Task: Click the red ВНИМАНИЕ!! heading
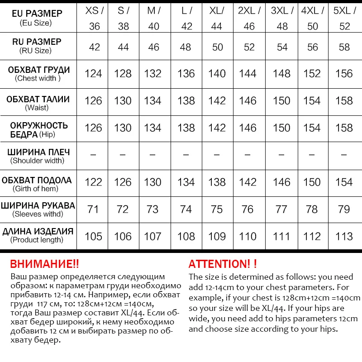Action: (44, 264)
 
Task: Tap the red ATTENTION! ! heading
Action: (223, 264)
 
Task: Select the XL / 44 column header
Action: (217, 18)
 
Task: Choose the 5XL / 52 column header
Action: (344, 18)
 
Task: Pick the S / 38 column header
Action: (123, 18)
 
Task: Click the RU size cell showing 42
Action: (94, 47)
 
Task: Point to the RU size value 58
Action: (344, 47)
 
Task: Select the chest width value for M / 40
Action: (153, 73)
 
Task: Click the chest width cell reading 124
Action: (93, 73)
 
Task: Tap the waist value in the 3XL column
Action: (281, 100)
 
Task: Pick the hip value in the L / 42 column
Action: (186, 128)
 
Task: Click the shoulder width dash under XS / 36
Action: (93, 155)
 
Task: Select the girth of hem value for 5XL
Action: (344, 182)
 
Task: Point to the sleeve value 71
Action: (93, 209)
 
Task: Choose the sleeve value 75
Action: (217, 209)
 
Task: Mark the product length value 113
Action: (344, 236)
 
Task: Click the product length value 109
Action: (217, 236)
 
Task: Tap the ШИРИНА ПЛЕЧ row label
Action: (39, 152)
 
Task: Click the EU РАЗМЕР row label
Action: (38, 14)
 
